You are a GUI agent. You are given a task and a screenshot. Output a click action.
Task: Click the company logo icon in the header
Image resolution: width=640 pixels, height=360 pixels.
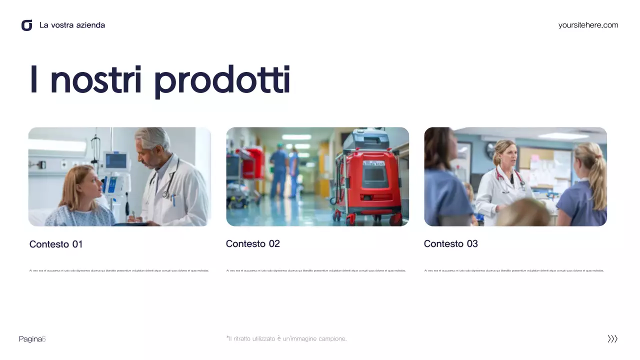27,25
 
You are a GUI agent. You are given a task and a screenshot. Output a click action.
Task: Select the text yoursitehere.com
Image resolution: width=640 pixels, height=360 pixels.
588,25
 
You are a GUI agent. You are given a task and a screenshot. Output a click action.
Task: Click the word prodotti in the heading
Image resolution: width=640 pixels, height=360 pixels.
222,80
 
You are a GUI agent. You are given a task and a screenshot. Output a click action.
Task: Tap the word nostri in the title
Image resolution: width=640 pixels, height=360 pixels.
96,80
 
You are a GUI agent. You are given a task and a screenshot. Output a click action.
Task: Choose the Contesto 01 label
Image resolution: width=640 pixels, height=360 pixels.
56,244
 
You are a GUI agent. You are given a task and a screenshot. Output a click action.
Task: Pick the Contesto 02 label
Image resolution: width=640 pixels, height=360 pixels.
253,244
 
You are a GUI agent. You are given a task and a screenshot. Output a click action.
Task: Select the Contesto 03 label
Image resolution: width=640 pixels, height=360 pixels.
451,244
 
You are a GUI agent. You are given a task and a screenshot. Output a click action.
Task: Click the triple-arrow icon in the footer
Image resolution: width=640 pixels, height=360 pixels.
612,339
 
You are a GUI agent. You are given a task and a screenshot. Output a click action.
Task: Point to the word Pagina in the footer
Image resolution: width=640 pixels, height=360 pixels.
30,339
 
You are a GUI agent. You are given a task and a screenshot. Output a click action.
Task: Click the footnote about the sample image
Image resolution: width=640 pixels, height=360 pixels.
286,339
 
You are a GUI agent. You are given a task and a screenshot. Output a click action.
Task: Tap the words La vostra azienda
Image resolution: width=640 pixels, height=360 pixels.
72,25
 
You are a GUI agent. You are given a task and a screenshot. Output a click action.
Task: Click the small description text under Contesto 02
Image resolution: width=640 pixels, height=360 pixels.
316,270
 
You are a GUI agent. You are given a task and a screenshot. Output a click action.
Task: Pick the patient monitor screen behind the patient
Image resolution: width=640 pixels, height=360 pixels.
116,161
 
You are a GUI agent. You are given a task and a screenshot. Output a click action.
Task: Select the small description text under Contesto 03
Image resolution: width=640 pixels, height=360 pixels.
514,270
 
